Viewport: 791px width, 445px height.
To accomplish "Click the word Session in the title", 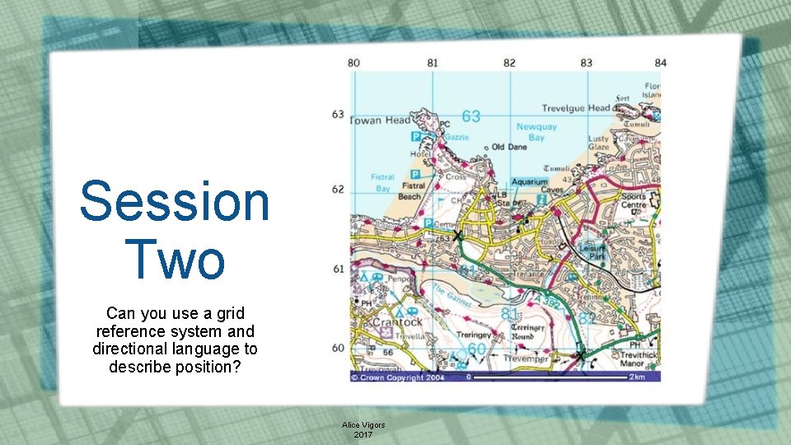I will point(175,202).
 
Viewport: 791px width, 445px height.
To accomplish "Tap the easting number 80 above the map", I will point(353,63).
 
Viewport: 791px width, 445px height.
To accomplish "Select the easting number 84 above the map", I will point(660,63).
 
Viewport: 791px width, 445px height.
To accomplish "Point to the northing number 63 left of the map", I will point(338,114).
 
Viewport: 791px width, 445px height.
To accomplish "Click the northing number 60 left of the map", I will point(338,348).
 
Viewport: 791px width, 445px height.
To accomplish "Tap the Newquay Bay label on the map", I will point(536,133).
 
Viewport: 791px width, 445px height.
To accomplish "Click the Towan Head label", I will point(380,120).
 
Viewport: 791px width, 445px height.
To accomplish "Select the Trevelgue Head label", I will point(576,108).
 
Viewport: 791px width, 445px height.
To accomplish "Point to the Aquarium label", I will point(529,181).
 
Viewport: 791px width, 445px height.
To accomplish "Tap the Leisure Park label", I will point(592,251).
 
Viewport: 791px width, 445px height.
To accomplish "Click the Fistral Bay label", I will point(381,182).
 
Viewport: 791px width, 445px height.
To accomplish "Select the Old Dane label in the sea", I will point(509,148).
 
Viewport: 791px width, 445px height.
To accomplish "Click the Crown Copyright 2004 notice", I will point(398,377).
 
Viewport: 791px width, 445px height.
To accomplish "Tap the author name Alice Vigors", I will point(363,425).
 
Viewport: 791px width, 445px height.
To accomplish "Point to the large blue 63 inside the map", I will point(470,116).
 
